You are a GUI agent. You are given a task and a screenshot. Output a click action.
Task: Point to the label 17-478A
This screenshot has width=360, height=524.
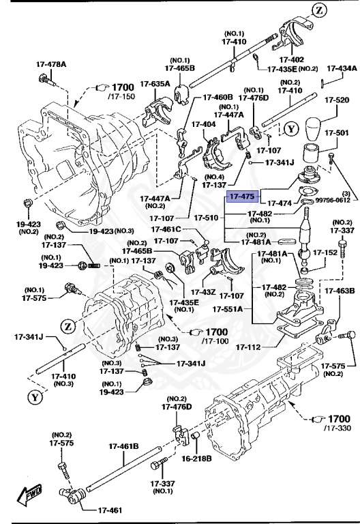(x=52, y=65)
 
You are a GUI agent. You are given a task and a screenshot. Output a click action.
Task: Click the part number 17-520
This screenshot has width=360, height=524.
(x=337, y=100)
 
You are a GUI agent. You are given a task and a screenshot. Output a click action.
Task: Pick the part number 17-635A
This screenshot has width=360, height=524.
(x=155, y=84)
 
